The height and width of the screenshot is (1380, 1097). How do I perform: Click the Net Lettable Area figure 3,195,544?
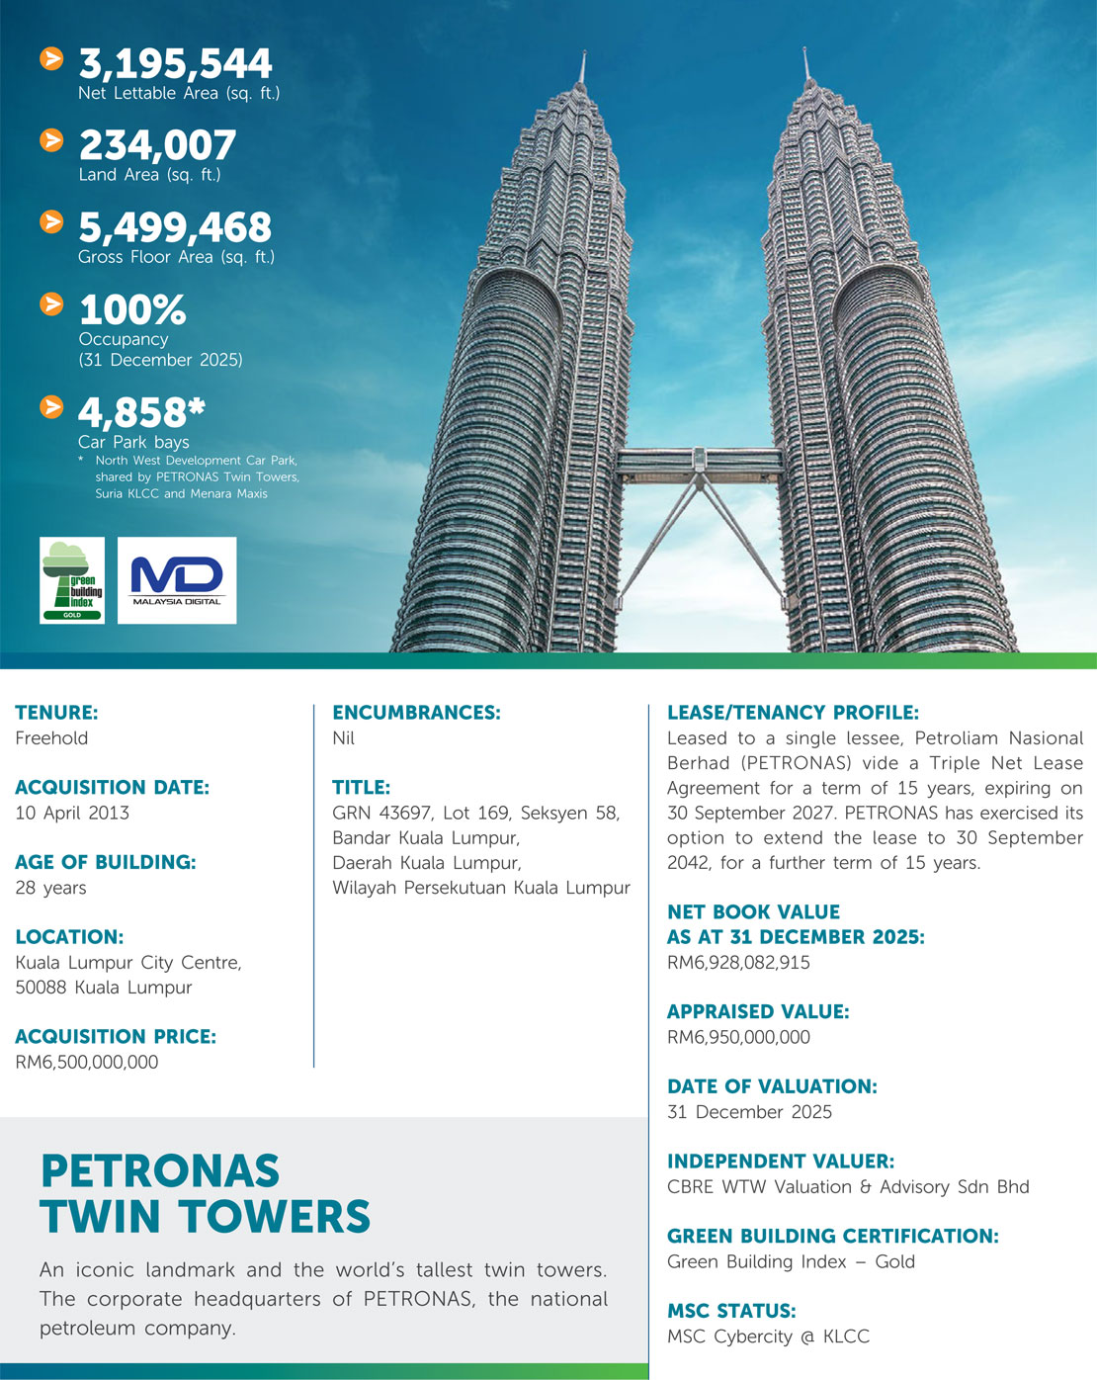(175, 64)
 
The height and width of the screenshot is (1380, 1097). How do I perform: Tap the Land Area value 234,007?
(157, 146)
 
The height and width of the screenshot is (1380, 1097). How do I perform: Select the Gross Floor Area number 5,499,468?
(174, 228)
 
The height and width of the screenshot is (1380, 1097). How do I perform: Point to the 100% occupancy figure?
(132, 310)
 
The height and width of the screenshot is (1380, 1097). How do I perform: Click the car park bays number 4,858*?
(141, 412)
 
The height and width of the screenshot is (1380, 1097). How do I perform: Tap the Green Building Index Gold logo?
(72, 580)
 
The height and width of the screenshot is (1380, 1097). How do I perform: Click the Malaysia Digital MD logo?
(177, 580)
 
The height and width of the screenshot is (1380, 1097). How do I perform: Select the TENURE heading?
(56, 713)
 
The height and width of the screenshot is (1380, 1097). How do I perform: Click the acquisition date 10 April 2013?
(72, 813)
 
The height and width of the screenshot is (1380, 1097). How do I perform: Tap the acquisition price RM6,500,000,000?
(87, 1062)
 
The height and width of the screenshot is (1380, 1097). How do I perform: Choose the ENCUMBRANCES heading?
(416, 713)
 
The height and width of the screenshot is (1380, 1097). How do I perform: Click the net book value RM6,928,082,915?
(738, 962)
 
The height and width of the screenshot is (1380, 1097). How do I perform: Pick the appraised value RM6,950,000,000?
(738, 1037)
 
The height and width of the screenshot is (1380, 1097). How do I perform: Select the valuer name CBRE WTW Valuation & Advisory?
(848, 1186)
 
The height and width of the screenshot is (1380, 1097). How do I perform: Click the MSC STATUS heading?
(731, 1311)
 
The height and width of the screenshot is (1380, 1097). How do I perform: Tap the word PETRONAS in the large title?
(160, 1171)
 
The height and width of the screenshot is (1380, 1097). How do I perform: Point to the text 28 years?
(50, 888)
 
